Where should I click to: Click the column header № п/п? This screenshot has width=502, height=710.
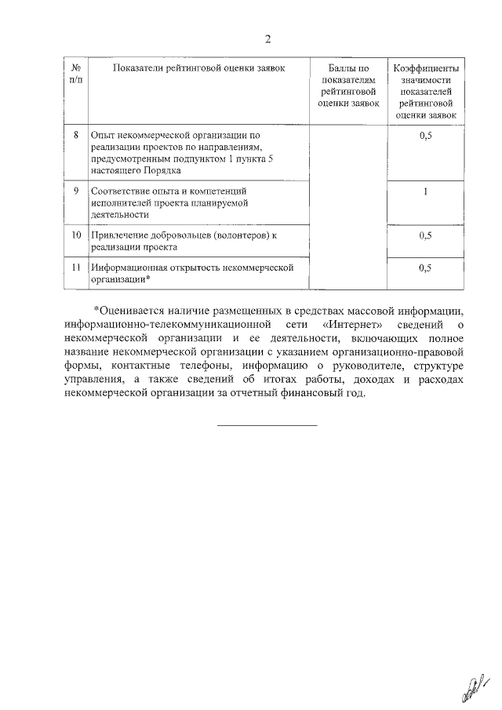pos(75,75)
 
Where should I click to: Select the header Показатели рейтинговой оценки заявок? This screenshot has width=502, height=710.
pos(199,69)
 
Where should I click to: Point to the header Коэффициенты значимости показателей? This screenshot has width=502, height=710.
pos(426,92)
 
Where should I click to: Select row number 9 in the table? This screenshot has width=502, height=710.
pos(75,190)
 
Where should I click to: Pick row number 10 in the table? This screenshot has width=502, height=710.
pos(75,235)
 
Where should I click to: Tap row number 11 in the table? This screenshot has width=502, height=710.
pos(75,268)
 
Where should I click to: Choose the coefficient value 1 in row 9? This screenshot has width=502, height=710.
pos(426,190)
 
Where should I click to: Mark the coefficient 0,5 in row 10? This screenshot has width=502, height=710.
pos(426,235)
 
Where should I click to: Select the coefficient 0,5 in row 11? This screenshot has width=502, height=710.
pos(426,268)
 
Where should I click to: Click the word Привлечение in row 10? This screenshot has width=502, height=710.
pos(120,235)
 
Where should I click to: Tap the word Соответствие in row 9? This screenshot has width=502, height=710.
pos(122,190)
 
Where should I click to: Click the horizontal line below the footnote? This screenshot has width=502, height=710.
pos(267,424)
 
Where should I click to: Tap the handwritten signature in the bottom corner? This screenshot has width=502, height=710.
pos(474,688)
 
